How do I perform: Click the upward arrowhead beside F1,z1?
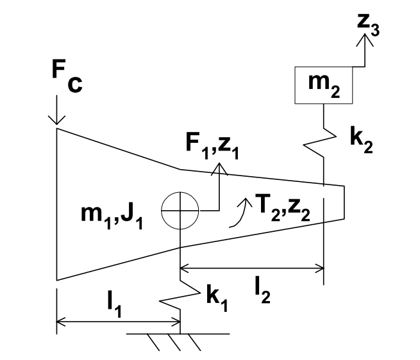(220, 168)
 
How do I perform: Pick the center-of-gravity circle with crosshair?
(180, 209)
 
